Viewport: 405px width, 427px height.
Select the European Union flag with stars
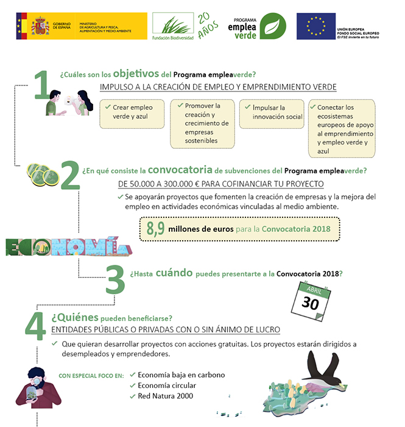point(315,26)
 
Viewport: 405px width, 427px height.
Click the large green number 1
point(41,85)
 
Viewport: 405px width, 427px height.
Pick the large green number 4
point(35,326)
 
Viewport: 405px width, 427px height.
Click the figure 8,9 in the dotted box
point(155,229)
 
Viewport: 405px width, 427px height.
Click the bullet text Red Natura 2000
point(165,396)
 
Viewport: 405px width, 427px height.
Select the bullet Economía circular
point(167,386)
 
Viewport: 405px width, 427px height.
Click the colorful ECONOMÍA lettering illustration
point(67,246)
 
